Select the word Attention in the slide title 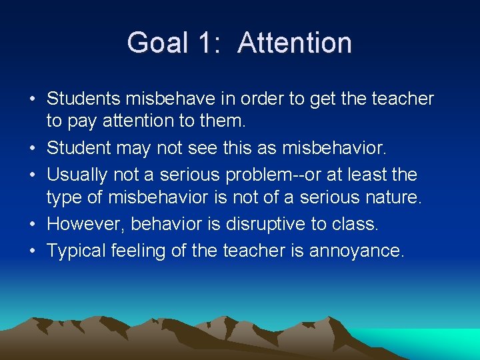point(295,43)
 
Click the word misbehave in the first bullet point(174,99)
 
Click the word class point(355,223)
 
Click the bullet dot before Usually point(32,175)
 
